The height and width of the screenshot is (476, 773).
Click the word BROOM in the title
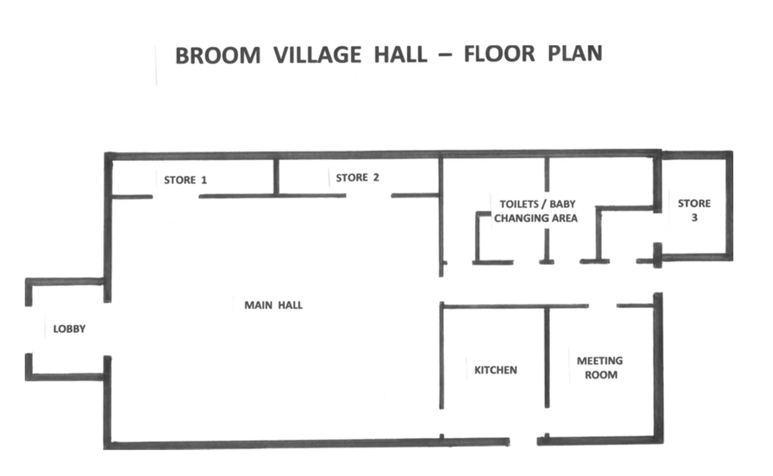[218, 56]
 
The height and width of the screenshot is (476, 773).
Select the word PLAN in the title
[574, 53]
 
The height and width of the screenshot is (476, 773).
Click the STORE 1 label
[185, 180]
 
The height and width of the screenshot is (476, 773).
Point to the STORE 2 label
[357, 178]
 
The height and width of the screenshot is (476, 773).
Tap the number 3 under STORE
[694, 218]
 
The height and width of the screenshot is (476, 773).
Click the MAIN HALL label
[273, 305]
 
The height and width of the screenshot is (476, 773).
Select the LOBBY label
[69, 329]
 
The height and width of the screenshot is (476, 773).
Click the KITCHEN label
[496, 370]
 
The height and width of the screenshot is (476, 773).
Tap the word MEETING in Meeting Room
[600, 361]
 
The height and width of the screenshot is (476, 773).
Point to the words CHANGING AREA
[536, 218]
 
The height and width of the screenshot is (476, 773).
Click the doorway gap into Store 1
[176, 196]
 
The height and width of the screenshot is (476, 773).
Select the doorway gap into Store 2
[368, 196]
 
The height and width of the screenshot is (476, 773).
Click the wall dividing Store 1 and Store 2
[276, 177]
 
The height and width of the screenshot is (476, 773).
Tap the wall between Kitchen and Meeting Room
[547, 357]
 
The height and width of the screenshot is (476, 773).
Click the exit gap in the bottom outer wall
[523, 441]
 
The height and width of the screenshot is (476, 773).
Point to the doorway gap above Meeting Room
[602, 306]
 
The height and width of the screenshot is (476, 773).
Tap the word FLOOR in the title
[499, 54]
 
